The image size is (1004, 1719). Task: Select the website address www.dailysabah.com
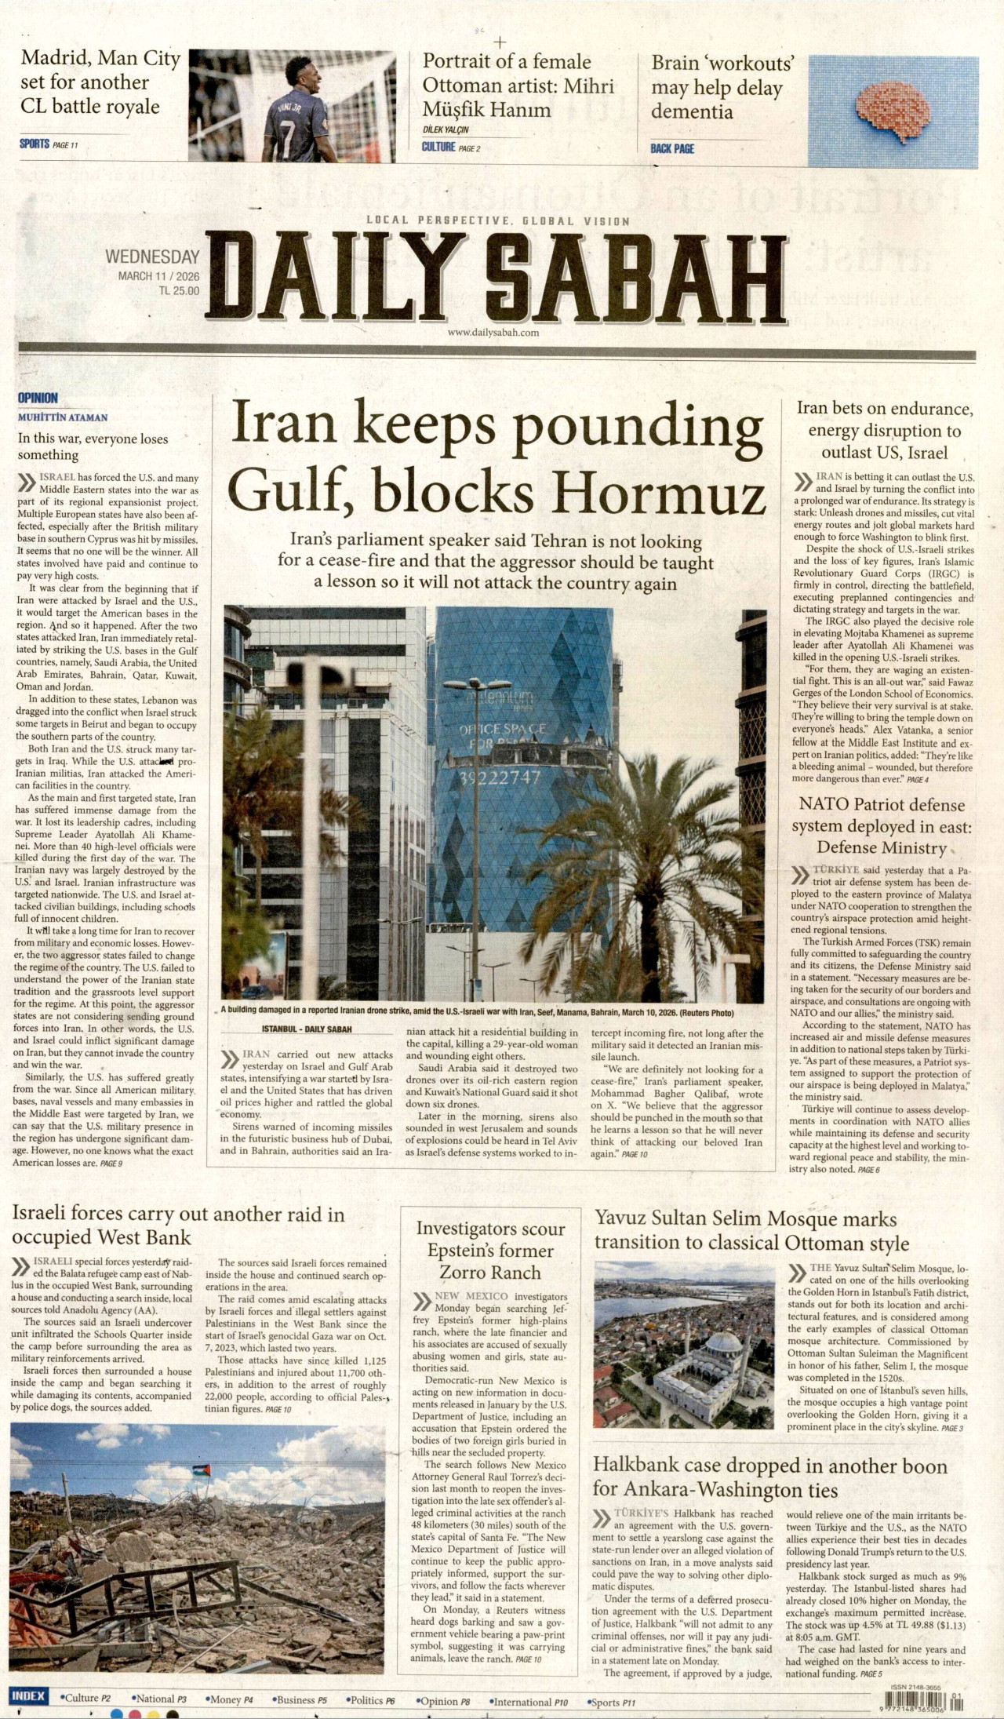click(x=493, y=333)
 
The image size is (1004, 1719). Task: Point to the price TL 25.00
click(x=179, y=290)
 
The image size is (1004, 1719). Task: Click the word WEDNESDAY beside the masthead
click(x=152, y=257)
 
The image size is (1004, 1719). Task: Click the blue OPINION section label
click(x=38, y=398)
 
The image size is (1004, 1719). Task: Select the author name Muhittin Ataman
click(x=63, y=417)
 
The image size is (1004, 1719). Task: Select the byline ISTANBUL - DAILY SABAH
click(x=307, y=1029)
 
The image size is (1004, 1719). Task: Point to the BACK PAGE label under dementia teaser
click(x=672, y=148)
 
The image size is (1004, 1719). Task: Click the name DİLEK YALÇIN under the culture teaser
click(x=446, y=129)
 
